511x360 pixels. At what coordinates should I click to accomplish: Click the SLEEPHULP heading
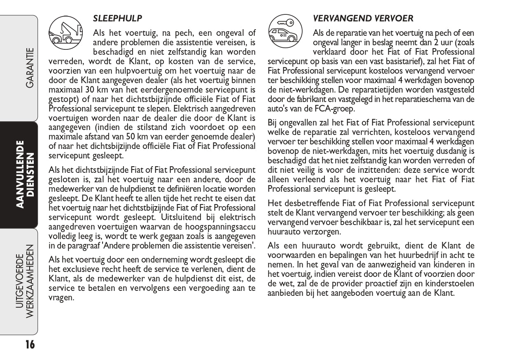click(118, 18)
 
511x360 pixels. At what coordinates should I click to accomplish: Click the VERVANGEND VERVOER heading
click(363, 18)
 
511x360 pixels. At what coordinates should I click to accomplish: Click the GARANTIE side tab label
click(29, 68)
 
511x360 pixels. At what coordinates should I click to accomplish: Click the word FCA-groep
click(334, 109)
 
